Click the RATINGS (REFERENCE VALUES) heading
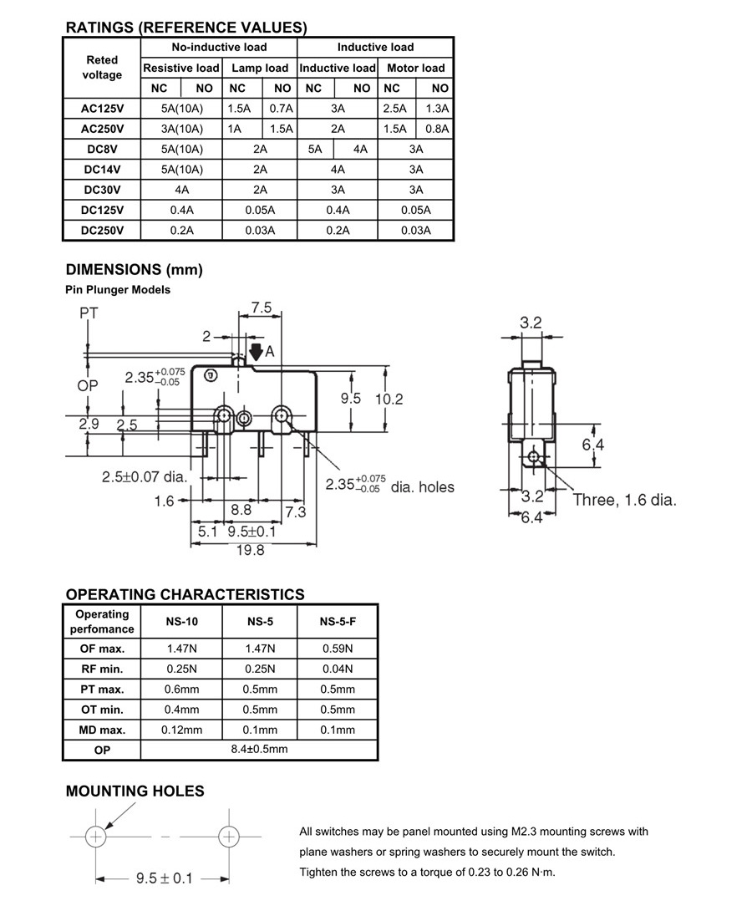coord(186,28)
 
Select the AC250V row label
coord(102,129)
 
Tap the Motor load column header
coord(416,68)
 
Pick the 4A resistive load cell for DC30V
coord(181,190)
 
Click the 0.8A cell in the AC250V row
coord(437,129)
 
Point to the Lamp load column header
coord(260,68)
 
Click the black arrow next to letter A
coord(256,352)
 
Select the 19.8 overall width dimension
coord(251,550)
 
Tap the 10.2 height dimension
coord(389,399)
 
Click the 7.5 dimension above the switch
coord(261,308)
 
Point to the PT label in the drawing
coord(89,313)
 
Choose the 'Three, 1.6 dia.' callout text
coord(624,500)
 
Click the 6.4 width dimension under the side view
coord(531,517)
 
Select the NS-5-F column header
coord(338,622)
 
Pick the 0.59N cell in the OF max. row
coord(338,649)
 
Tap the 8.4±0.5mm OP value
coord(259,750)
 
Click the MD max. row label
coord(102,730)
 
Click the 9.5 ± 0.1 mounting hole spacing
coord(164,878)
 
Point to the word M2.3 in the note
coord(523,832)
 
